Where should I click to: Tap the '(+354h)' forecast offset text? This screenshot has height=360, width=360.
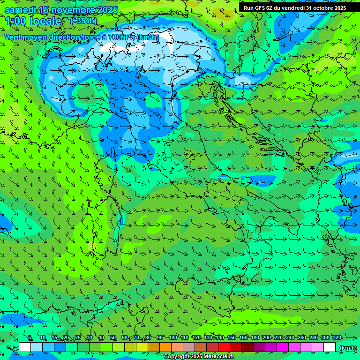(x=83, y=21)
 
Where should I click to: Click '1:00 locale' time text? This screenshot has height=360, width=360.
(x=33, y=21)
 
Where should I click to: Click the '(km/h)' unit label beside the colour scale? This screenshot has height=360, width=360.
(x=347, y=347)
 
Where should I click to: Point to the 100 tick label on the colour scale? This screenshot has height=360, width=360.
(x=173, y=337)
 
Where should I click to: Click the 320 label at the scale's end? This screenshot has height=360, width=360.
(x=337, y=337)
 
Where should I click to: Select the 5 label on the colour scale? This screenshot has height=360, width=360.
(x=30, y=337)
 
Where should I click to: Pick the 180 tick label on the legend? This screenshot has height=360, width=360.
(x=255, y=337)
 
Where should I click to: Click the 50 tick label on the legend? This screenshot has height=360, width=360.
(x=113, y=337)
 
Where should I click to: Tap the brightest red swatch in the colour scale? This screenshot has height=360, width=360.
(x=224, y=347)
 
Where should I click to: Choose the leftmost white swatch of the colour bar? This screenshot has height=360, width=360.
(x=25, y=347)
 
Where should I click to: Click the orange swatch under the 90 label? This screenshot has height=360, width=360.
(x=165, y=347)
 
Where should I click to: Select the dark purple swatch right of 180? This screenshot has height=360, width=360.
(x=259, y=347)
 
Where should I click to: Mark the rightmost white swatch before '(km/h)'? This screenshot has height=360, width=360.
(x=330, y=347)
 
